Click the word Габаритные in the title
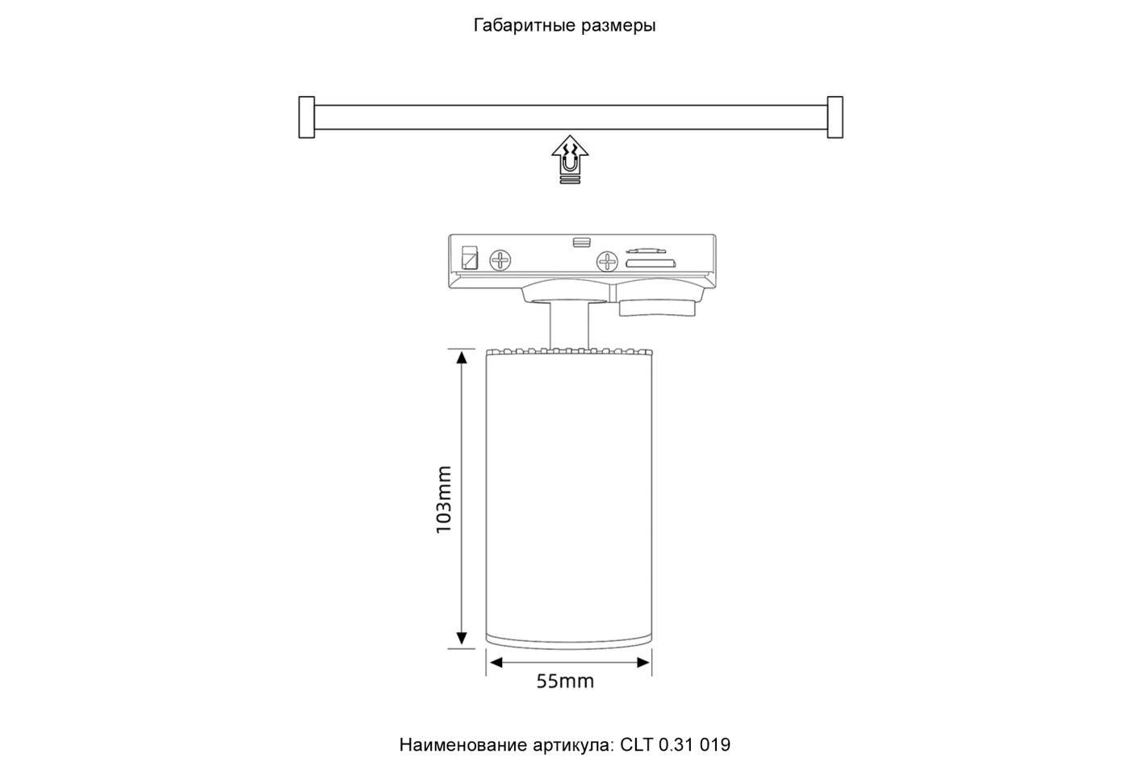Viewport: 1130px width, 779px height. tap(523, 26)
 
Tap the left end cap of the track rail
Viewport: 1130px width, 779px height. tap(307, 118)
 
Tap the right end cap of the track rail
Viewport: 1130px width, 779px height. tap(835, 118)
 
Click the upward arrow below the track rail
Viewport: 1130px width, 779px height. tap(570, 159)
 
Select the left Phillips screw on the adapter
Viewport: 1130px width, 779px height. tap(501, 260)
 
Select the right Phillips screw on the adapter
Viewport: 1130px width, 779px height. tap(607, 261)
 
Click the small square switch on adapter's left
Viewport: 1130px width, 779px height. tap(468, 258)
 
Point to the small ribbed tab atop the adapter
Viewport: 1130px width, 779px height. tap(580, 241)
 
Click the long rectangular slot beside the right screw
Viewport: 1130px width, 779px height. tap(650, 262)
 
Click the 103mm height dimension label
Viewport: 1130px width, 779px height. tap(443, 499)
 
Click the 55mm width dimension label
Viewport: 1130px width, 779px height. tap(565, 681)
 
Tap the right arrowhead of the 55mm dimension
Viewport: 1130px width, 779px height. tap(643, 663)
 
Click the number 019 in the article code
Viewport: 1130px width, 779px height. tap(715, 745)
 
